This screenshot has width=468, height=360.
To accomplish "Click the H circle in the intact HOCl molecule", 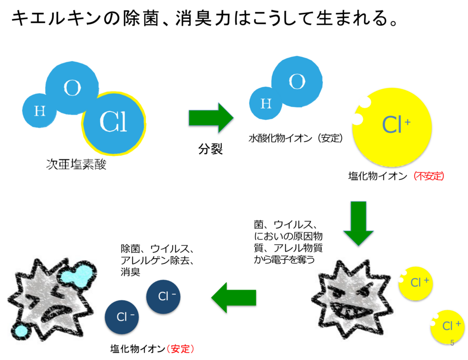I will pos(40,111).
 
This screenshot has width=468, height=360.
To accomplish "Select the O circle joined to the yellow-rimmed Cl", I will pos(72,88).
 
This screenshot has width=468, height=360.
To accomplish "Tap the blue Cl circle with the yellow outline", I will pos(114,122).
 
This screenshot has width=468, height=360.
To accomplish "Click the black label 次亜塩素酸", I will pos(76,164).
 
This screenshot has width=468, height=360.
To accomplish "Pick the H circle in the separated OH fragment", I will pos(266,104).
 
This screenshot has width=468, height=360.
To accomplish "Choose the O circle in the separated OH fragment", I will pos(297,82).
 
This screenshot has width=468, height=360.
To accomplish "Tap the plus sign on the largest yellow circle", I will pos(407,122).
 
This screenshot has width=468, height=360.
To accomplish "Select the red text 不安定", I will pos(429,176).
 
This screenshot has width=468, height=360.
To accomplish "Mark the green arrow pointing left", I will pos(234,297).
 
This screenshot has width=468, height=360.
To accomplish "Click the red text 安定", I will pos(181,349).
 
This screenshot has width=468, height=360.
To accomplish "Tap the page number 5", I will pos(452,343).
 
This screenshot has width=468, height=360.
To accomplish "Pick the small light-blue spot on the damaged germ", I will pos(21,330).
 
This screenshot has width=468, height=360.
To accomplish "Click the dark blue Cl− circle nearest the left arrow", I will pos(163,296).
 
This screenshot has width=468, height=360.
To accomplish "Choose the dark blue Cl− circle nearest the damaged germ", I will pos(122,317).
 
